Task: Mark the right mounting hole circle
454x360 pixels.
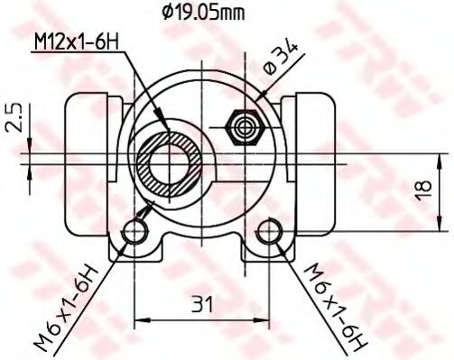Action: [x=269, y=233]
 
